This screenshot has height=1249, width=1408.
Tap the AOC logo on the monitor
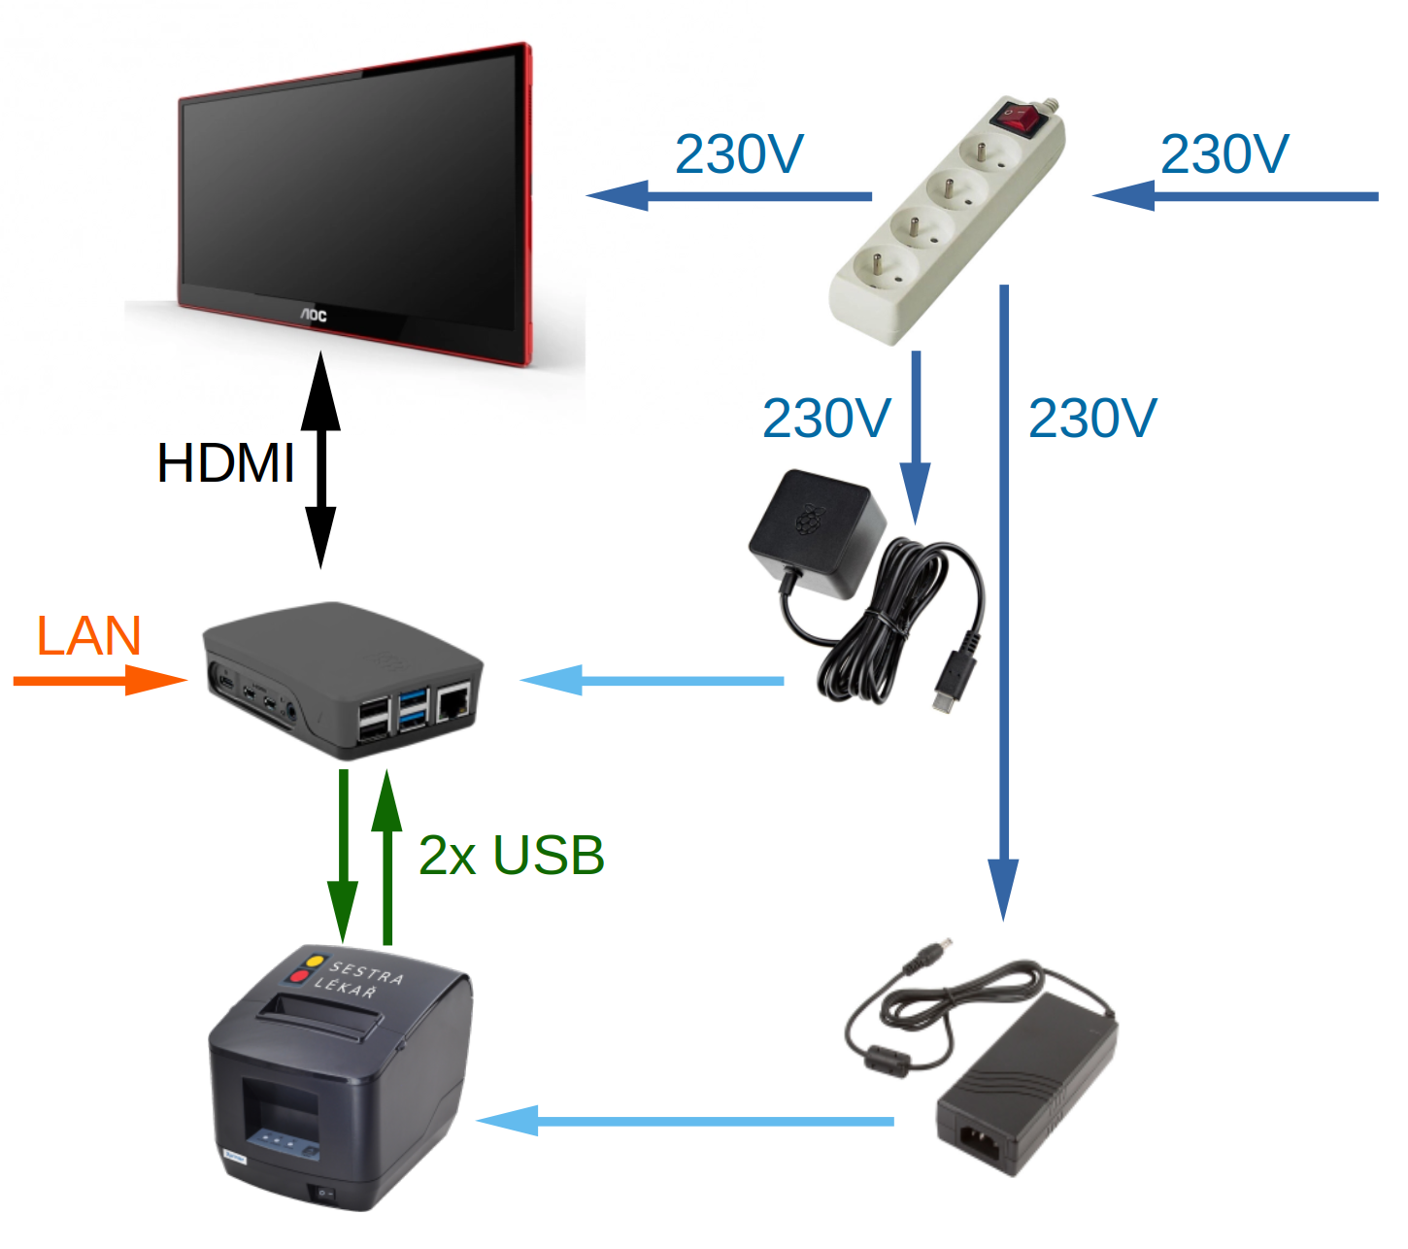(313, 314)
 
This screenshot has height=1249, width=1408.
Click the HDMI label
(225, 462)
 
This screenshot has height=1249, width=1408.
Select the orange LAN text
(88, 636)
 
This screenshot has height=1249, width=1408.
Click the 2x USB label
(511, 856)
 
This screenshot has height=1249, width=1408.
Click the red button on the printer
(300, 976)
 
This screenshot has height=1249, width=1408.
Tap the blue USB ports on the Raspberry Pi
(414, 708)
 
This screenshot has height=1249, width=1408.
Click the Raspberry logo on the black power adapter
(807, 519)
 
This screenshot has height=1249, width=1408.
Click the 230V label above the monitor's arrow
(738, 154)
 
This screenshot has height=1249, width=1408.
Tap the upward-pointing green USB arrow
(386, 855)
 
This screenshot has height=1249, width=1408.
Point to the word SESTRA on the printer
(366, 971)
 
